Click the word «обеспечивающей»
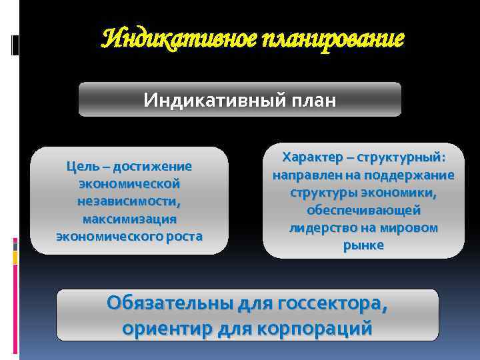pyautogui.click(x=363, y=210)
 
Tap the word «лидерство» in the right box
pyautogui.click(x=322, y=227)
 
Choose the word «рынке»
pyautogui.click(x=363, y=245)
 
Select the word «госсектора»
pyautogui.click(x=330, y=304)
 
